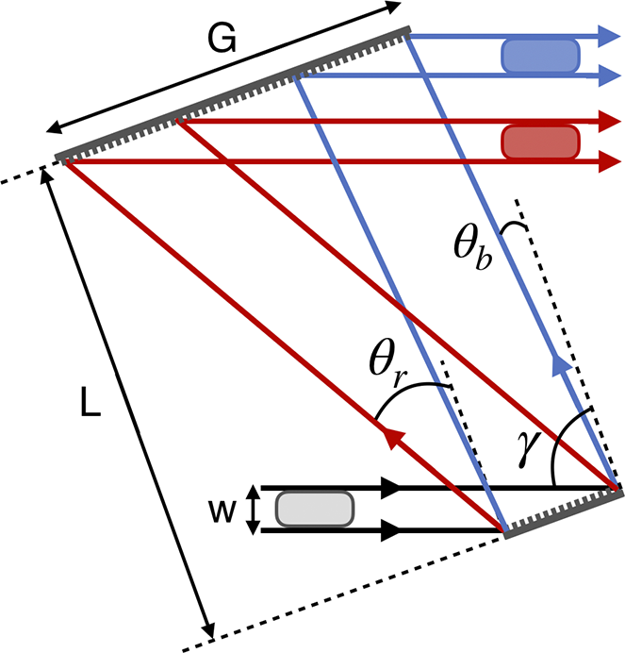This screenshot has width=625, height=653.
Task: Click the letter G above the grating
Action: tap(222, 38)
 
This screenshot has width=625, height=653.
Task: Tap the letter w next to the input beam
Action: tap(222, 511)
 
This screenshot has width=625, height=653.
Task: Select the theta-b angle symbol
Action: tap(472, 247)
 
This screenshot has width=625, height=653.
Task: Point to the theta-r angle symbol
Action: tap(387, 362)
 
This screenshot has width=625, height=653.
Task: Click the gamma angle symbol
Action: tap(529, 448)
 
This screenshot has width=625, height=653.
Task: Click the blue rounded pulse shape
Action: tap(540, 56)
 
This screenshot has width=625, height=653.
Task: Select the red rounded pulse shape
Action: tap(540, 142)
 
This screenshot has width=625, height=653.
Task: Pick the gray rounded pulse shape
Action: tap(315, 509)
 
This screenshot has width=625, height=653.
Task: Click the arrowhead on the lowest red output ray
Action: tap(610, 161)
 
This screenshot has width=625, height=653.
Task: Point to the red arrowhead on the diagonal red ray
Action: tap(394, 438)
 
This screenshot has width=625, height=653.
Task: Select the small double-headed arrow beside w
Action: tap(252, 510)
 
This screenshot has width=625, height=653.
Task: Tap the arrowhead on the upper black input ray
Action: tap(391, 487)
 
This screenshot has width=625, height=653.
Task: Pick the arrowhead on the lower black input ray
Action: tap(391, 530)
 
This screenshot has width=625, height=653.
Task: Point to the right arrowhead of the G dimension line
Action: tap(392, 7)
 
